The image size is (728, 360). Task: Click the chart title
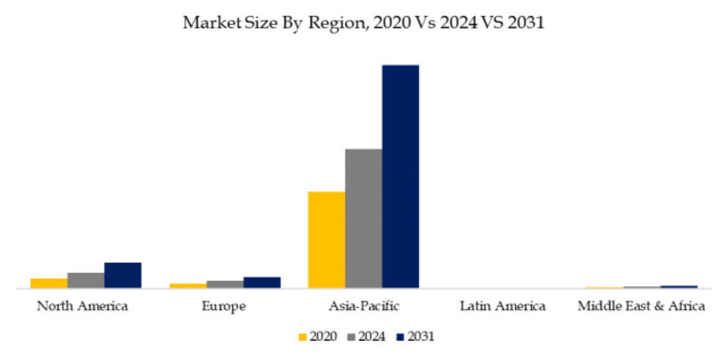364,23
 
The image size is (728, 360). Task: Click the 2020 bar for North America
49,283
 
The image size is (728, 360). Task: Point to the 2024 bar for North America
86,280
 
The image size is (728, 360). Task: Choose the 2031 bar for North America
123,275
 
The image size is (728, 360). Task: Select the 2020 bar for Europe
187,285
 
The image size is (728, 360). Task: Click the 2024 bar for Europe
224,283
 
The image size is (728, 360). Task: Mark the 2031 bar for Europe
262,282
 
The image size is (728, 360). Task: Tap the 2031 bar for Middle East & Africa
679,286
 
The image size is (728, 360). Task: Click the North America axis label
83,307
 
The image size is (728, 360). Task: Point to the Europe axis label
224,307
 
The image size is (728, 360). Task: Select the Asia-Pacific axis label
364,307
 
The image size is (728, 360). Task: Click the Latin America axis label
503,307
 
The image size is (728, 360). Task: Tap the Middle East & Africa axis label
642,307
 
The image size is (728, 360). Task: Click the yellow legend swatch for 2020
303,336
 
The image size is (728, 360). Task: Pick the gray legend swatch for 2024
351,336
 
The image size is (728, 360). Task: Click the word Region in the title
337,23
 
